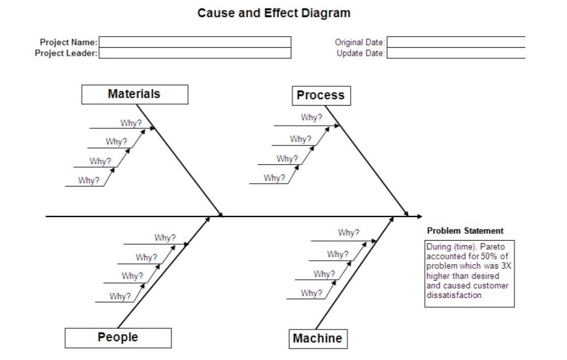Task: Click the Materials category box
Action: coord(134,94)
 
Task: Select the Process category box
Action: coord(321,96)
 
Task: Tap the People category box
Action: coord(118,338)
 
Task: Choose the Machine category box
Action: coord(317,339)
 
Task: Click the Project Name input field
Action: coord(195,42)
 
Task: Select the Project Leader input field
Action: coord(195,53)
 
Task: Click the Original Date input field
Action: coord(456,42)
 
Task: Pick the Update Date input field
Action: coord(456,53)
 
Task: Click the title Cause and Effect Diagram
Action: coord(274,13)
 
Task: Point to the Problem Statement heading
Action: coord(465,231)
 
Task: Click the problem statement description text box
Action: coord(469,274)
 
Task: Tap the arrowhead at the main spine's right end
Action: coord(420,216)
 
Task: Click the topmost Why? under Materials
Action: coord(131,123)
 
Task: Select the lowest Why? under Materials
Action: coord(89,181)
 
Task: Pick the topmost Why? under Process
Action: coord(312,118)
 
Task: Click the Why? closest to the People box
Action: coord(121,296)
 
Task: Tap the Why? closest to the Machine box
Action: coord(312,293)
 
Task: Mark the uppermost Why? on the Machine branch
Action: coord(348,233)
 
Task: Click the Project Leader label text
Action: coord(66,53)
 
